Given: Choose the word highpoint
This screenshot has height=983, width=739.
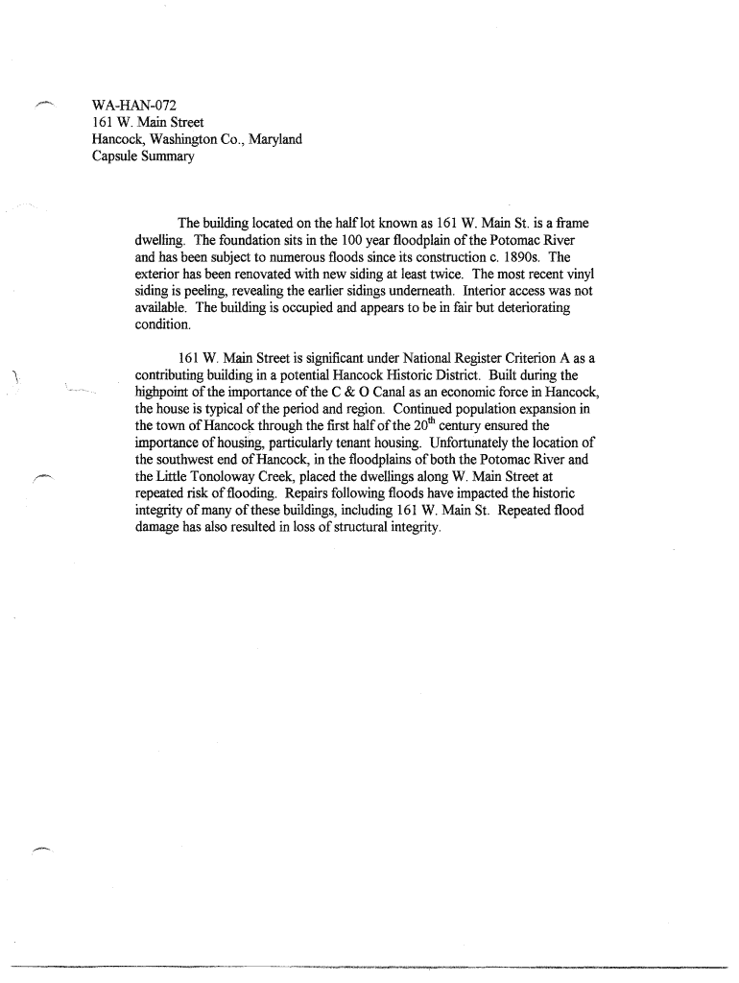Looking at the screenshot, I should click(165, 393).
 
